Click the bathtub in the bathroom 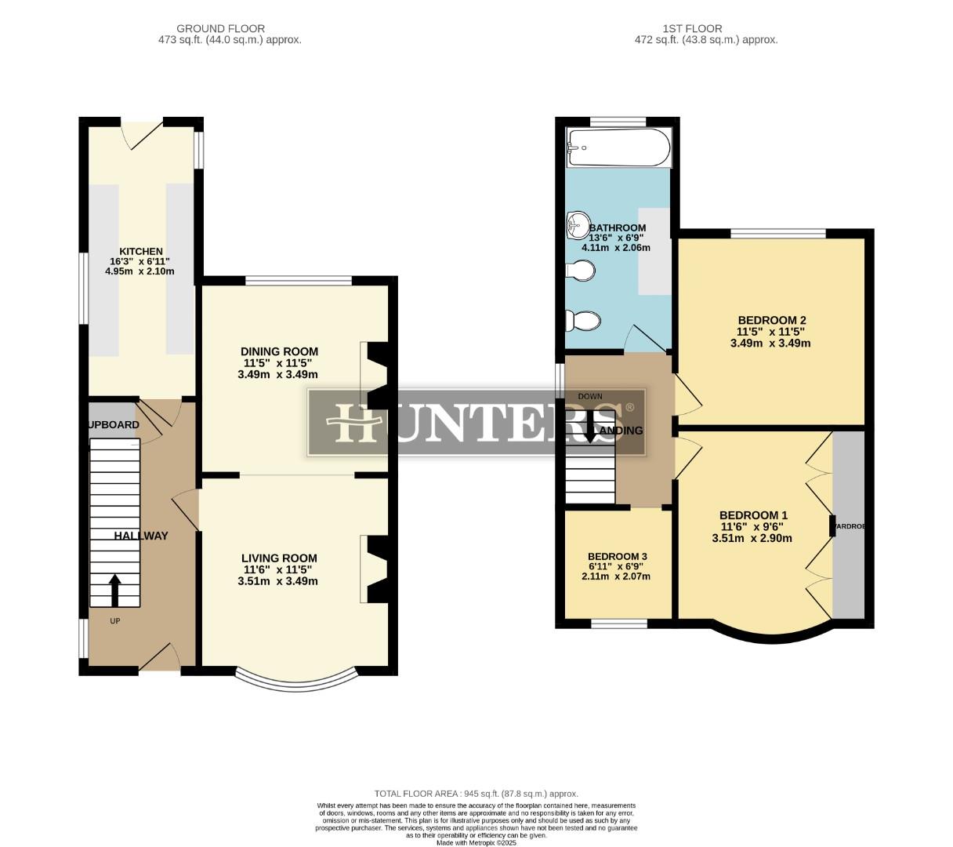pyautogui.click(x=618, y=148)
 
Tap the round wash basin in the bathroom pyautogui.click(x=578, y=225)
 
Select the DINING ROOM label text pyautogui.click(x=279, y=351)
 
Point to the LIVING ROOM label pyautogui.click(x=279, y=558)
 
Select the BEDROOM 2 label pyautogui.click(x=771, y=320)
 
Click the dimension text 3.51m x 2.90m pyautogui.click(x=752, y=539)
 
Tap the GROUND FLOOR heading pyautogui.click(x=220, y=28)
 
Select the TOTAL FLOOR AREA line pyautogui.click(x=476, y=794)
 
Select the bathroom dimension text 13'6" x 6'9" pyautogui.click(x=616, y=238)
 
